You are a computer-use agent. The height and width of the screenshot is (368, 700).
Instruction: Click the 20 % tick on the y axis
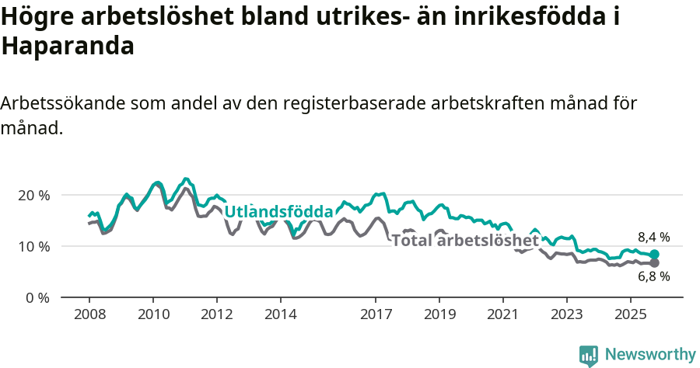pyautogui.click(x=33, y=195)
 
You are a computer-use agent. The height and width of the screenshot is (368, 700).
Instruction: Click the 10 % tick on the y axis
pyautogui.click(x=33, y=246)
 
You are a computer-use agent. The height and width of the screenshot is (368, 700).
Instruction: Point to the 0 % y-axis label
pyautogui.click(x=36, y=297)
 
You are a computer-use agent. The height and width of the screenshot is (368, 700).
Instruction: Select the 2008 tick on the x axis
pyautogui.click(x=89, y=315)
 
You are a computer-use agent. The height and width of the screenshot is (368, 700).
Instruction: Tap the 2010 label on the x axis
pyautogui.click(x=152, y=315)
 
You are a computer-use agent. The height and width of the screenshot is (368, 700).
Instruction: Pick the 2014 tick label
pyautogui.click(x=280, y=315)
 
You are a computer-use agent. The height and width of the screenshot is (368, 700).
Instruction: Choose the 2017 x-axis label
pyautogui.click(x=376, y=315)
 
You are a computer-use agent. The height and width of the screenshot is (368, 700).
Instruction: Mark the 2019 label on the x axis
pyautogui.click(x=439, y=315)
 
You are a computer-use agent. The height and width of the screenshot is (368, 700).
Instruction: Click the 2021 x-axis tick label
pyautogui.click(x=503, y=315)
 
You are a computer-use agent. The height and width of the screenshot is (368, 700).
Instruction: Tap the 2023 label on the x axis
pyautogui.click(x=567, y=315)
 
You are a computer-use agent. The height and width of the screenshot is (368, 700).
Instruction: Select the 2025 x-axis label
pyautogui.click(x=631, y=315)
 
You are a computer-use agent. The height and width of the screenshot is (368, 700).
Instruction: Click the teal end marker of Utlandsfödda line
pyautogui.click(x=655, y=255)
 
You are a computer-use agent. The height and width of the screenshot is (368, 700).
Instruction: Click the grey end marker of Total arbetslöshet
pyautogui.click(x=655, y=263)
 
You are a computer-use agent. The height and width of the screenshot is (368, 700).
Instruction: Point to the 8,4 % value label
pyautogui.click(x=653, y=238)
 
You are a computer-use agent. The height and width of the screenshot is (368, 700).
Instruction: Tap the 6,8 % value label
pyautogui.click(x=653, y=276)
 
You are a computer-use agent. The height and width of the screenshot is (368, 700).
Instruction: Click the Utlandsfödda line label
pyautogui.click(x=278, y=211)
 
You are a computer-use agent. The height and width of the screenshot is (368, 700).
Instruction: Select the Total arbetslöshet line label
pyautogui.click(x=464, y=240)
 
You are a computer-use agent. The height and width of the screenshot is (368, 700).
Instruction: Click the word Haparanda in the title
pyautogui.click(x=68, y=46)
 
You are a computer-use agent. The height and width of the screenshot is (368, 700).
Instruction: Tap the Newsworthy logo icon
pyautogui.click(x=589, y=356)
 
